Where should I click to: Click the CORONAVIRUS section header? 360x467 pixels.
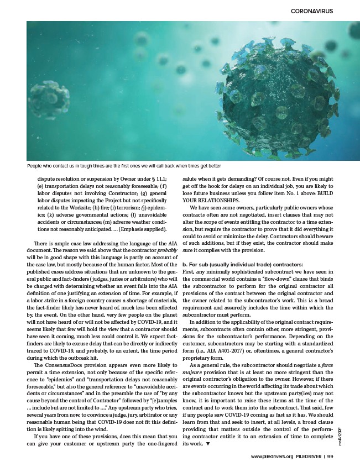pos(315,11)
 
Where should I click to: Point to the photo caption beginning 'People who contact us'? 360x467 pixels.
pos(124,165)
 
